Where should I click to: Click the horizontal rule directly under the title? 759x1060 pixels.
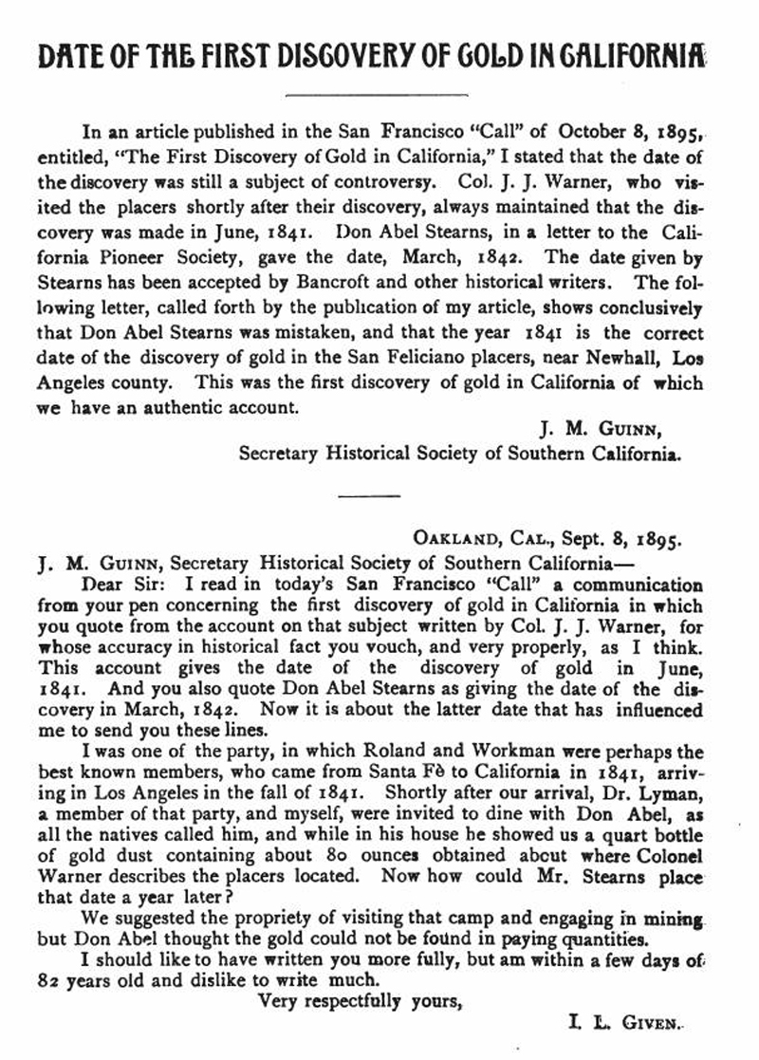coord(377,93)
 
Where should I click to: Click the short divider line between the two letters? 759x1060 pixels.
coord(358,495)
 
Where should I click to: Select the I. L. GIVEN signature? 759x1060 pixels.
coord(624,1023)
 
